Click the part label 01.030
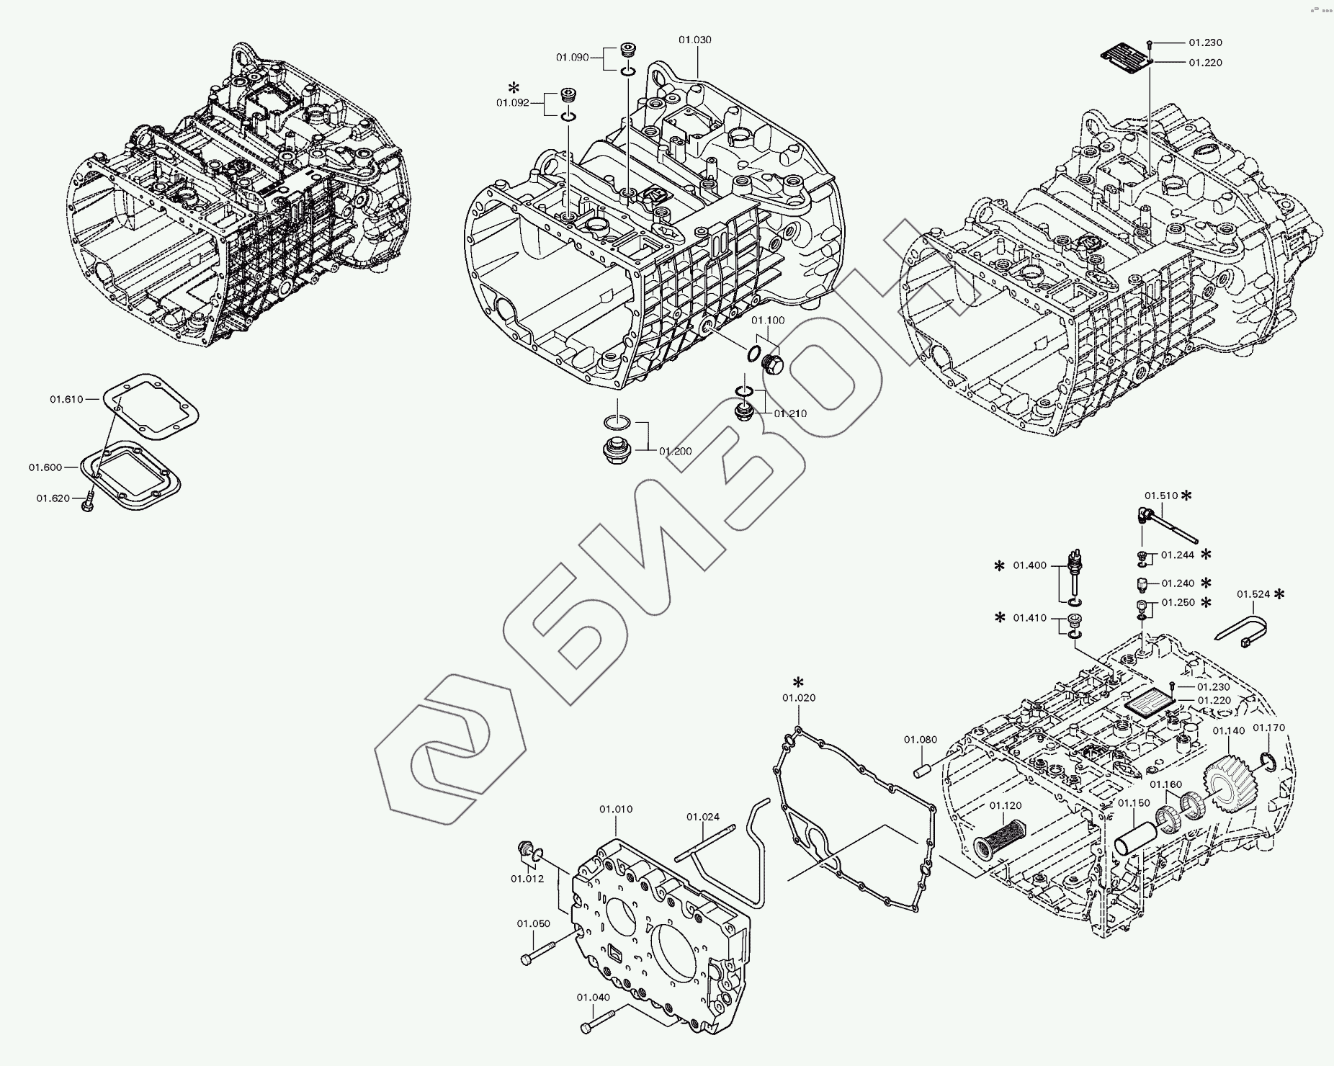pos(694,40)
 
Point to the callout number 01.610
pos(66,398)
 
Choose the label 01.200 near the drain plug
pos(675,452)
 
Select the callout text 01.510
pos(1161,496)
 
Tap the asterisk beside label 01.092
pos(513,88)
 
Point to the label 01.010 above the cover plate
pos(616,810)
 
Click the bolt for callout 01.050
pos(536,956)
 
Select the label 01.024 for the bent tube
pos(702,817)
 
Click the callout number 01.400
pos(1030,565)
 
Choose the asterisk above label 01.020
pos(798,682)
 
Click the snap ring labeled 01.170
pos(1269,761)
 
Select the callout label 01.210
pos(790,413)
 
